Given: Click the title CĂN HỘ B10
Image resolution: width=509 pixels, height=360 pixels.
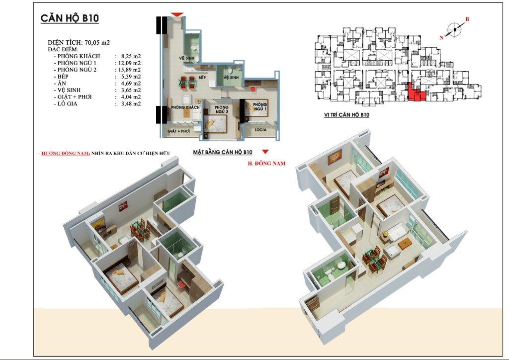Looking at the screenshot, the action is [x=70, y=18].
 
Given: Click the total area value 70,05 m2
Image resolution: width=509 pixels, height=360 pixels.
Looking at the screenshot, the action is [x=97, y=43].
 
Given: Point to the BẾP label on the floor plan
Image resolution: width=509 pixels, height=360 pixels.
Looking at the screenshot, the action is [x=202, y=78].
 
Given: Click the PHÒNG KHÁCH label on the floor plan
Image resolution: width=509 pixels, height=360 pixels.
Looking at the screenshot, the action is [x=185, y=107].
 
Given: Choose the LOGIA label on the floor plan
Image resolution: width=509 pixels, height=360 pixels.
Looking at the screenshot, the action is [x=260, y=130].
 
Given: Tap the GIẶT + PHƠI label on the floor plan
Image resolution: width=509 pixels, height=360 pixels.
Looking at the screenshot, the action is [x=179, y=131].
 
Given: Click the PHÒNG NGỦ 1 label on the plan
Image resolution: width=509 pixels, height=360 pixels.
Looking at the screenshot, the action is [x=259, y=107].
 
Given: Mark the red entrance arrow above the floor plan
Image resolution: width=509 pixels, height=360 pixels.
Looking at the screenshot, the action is [x=177, y=14].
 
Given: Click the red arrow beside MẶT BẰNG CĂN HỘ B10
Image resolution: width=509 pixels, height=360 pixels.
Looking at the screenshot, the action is [x=265, y=152].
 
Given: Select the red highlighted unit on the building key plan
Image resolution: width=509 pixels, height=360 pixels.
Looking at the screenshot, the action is [x=416, y=94].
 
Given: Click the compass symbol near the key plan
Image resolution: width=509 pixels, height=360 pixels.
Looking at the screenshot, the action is [x=454, y=29].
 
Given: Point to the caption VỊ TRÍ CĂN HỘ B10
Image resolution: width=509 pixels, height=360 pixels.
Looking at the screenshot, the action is [x=346, y=115].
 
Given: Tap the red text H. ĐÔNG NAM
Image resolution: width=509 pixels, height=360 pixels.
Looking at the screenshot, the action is [x=266, y=163].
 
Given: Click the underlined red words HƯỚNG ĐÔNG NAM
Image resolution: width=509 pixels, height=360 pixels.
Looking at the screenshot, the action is [x=66, y=153].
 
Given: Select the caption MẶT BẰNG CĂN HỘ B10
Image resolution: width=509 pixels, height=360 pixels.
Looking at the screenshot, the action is [x=222, y=152].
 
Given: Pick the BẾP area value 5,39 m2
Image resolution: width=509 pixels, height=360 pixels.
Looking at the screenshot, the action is [x=130, y=77].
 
